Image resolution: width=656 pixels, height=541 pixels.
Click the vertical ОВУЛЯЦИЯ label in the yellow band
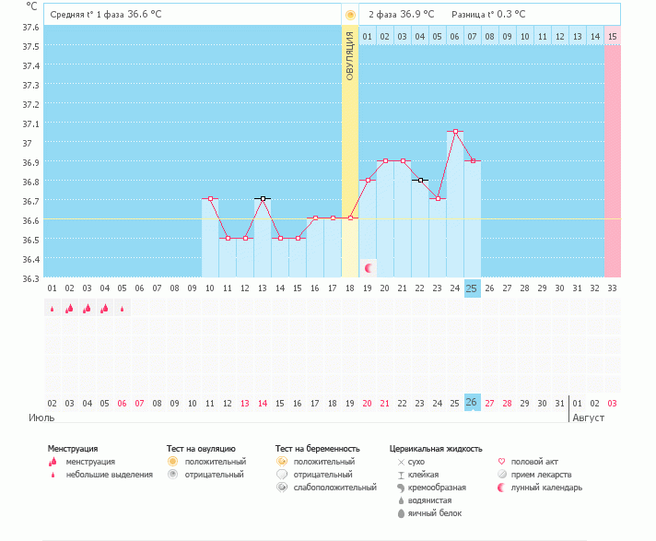tap(350, 56)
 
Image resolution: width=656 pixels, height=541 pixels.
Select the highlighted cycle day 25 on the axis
tap(472, 288)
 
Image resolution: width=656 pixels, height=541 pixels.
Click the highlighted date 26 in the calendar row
tap(472, 403)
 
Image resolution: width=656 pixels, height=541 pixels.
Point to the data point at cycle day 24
tap(455, 132)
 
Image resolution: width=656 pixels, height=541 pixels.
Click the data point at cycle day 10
tap(210, 198)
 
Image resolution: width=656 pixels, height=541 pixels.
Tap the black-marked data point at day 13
tap(263, 198)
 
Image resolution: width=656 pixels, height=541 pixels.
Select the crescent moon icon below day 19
tap(369, 268)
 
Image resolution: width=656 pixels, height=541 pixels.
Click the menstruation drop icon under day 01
tap(53, 309)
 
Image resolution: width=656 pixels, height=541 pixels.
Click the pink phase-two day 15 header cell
tap(612, 37)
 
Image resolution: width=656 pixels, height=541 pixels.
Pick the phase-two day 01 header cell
tap(368, 37)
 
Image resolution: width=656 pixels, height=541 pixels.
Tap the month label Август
tap(589, 418)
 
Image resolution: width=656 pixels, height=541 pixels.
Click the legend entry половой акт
tap(533, 461)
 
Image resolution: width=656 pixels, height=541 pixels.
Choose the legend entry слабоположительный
tap(333, 487)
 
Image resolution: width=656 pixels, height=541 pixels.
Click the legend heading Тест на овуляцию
tap(201, 448)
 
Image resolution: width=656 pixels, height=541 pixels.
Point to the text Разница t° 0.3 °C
tap(488, 15)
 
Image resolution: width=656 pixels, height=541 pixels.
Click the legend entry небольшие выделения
tap(109, 474)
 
